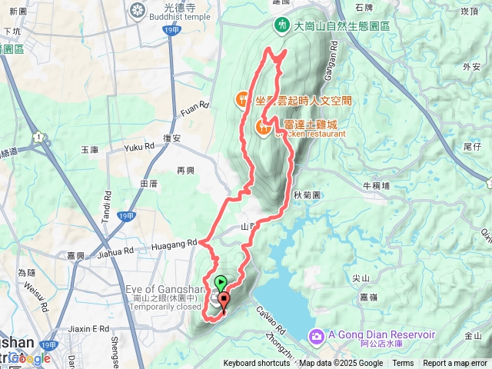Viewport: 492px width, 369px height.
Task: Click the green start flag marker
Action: (x=220, y=282)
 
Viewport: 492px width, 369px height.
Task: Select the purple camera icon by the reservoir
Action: (x=316, y=336)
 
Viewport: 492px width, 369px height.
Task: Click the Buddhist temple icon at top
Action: (x=138, y=10)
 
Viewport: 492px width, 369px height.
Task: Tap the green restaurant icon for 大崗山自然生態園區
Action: (x=283, y=25)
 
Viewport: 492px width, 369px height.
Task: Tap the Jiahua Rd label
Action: (x=116, y=251)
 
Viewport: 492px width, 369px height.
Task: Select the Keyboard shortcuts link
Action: (x=257, y=364)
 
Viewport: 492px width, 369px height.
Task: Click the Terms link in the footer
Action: (x=403, y=364)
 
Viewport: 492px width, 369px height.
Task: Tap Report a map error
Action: (x=455, y=364)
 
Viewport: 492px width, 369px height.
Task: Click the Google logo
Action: (x=29, y=358)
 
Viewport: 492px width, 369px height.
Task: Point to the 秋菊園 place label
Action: (x=306, y=195)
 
